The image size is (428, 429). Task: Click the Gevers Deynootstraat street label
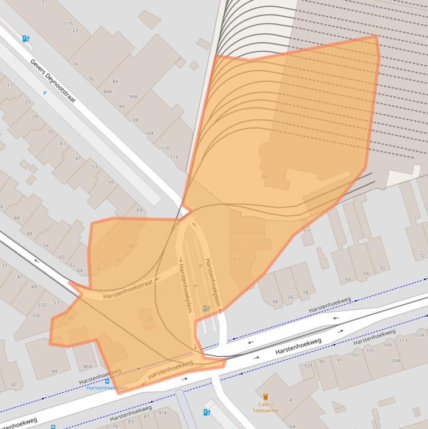coord(53,80)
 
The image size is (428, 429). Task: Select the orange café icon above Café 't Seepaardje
coord(265,397)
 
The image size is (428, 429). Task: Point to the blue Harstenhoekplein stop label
coord(107,388)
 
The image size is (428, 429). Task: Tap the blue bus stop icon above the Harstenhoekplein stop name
coord(107,381)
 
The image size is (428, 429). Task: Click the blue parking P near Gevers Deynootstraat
coord(45,93)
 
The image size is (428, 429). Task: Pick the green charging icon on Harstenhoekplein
coord(206,308)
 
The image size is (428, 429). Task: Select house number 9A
coord(264,177)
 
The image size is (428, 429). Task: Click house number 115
coord(68,23)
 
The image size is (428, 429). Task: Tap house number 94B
coord(133,97)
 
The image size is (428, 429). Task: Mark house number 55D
coord(42,305)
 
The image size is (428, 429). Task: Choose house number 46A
coord(87,366)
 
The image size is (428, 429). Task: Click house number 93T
coord(308,366)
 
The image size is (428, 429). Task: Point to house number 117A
coord(419,335)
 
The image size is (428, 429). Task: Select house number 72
coord(422,256)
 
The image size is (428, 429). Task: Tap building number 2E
coord(149,319)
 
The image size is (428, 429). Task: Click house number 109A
coord(395,360)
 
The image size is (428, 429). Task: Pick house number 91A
coord(163,413)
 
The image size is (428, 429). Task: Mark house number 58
coord(305,292)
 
